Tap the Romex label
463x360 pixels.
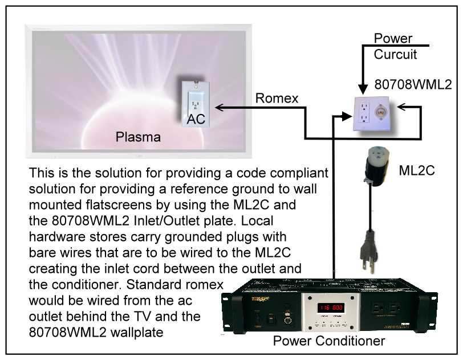click(277, 99)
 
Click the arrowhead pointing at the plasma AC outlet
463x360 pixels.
click(219, 107)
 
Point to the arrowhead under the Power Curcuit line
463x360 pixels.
click(362, 89)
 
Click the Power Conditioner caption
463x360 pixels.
click(328, 341)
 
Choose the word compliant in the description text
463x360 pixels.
click(299, 173)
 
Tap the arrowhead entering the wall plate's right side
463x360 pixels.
click(400, 106)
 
